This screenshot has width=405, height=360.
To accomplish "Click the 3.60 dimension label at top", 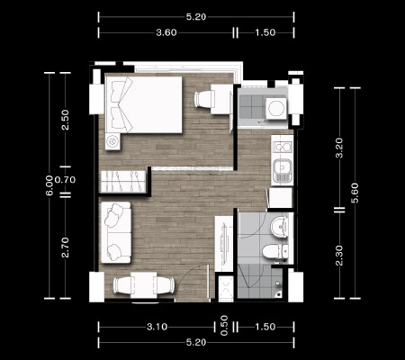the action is (x=166, y=32).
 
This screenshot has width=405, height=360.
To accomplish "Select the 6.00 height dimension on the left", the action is (x=49, y=185).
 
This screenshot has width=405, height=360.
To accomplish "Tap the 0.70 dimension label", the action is (x=65, y=180).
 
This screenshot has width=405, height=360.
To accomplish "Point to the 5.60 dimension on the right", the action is (x=355, y=193).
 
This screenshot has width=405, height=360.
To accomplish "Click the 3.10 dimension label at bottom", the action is (x=157, y=327).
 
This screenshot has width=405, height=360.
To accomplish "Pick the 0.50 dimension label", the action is (x=224, y=326).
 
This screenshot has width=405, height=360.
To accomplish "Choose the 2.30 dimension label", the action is (x=339, y=256).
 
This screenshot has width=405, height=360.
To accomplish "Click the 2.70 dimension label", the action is (x=65, y=247).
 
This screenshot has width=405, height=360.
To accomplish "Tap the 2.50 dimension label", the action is (x=65, y=120).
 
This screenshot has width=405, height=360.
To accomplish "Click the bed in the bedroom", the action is (x=144, y=104).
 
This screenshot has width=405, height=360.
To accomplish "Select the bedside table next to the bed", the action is (x=112, y=141).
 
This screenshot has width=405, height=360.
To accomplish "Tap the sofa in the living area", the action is (x=116, y=232).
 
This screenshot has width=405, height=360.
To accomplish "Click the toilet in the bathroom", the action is (x=275, y=251).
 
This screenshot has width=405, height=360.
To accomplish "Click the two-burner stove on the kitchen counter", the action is (x=283, y=147).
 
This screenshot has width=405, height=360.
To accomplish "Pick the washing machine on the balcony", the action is (x=276, y=108).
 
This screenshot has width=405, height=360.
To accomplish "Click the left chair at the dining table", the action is (x=122, y=284).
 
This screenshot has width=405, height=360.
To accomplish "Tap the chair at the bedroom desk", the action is (x=204, y=99).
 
